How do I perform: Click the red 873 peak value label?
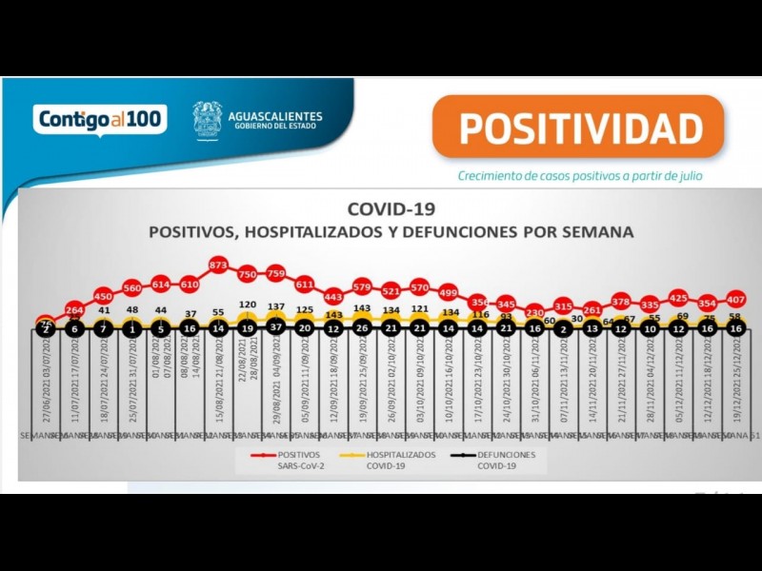click(218, 264)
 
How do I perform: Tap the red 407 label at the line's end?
click(735, 298)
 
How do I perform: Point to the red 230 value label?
click(534, 311)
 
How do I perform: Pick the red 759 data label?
click(276, 273)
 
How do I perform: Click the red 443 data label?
click(333, 296)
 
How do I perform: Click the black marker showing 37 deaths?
click(276, 328)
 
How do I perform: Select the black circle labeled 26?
click(362, 328)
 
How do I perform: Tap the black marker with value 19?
click(247, 328)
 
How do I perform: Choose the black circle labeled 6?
click(74, 328)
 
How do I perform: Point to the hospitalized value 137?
click(276, 306)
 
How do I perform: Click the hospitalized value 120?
click(247, 305)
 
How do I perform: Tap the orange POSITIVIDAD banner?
click(577, 127)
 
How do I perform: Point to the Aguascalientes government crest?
click(208, 121)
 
